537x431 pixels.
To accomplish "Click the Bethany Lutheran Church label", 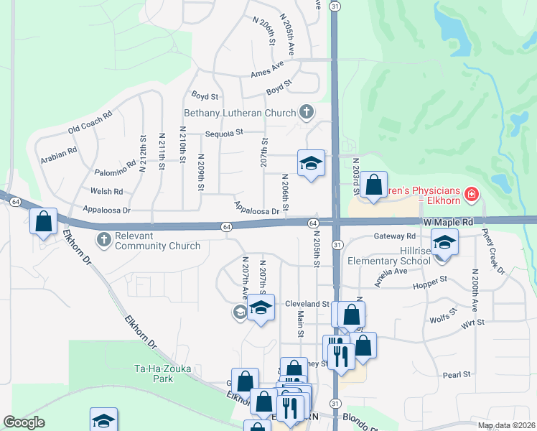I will point(240,113).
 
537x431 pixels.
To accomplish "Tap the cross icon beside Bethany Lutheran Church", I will point(307,112).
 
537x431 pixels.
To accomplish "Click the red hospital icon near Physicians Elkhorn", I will point(471,193).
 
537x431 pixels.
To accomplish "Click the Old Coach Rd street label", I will point(90,123).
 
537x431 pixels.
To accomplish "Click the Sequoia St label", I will point(225,132).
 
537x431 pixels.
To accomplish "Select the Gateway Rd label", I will point(395,236).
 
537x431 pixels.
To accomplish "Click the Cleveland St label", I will point(306,304).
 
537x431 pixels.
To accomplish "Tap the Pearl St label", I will point(456,374).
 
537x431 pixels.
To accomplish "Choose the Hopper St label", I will point(430,279).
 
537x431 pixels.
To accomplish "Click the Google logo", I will point(24,422).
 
